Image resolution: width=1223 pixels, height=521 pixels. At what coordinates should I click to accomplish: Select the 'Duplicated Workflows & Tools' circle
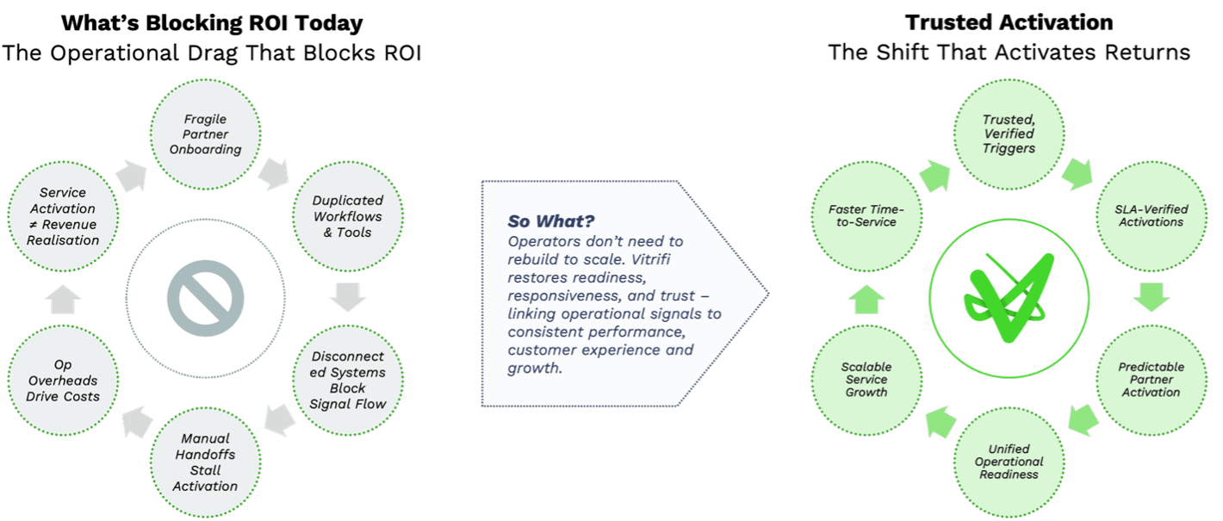pyautogui.click(x=347, y=216)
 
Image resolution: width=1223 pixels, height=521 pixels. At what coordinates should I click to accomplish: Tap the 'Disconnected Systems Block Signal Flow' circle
pyautogui.click(x=347, y=380)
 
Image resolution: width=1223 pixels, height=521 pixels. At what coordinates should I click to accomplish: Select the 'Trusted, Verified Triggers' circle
pyautogui.click(x=1009, y=134)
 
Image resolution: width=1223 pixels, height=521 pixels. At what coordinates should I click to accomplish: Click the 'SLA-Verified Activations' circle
pyautogui.click(x=1151, y=216)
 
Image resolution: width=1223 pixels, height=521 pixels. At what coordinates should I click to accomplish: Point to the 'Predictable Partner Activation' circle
pyautogui.click(x=1151, y=380)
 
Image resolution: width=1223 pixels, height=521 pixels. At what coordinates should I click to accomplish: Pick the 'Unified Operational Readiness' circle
pyautogui.click(x=1009, y=462)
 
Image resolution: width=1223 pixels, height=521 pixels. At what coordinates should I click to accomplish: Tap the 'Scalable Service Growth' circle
pyautogui.click(x=866, y=380)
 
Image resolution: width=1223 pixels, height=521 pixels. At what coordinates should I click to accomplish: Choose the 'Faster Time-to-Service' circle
pyautogui.click(x=866, y=216)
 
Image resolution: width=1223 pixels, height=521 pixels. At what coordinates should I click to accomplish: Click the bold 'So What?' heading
pyautogui.click(x=551, y=221)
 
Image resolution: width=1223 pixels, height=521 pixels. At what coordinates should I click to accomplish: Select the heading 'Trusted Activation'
pyautogui.click(x=1009, y=22)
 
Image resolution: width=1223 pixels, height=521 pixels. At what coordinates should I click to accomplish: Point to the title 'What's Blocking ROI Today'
pyautogui.click(x=211, y=22)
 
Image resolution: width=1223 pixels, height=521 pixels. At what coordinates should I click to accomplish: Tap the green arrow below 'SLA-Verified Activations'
pyautogui.click(x=1151, y=298)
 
